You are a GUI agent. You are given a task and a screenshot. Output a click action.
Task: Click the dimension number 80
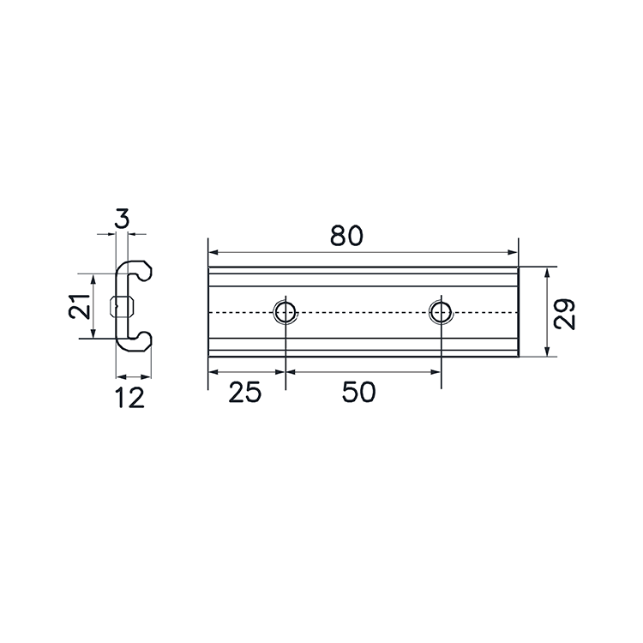coord(346,236)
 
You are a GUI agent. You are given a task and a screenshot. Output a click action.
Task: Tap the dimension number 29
coord(564,314)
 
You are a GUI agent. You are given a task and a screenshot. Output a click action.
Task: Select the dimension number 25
coord(245,392)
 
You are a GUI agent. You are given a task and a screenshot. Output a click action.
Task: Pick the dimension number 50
coord(359,392)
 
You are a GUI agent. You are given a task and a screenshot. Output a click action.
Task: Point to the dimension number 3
coord(122,218)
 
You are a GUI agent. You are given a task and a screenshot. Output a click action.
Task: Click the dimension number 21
coord(79,306)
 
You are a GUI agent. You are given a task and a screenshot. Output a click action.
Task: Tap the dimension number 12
coord(130,397)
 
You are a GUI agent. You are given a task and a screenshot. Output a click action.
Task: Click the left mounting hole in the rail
coord(285,312)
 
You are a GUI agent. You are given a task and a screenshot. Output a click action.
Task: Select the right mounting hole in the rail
coord(441,312)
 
